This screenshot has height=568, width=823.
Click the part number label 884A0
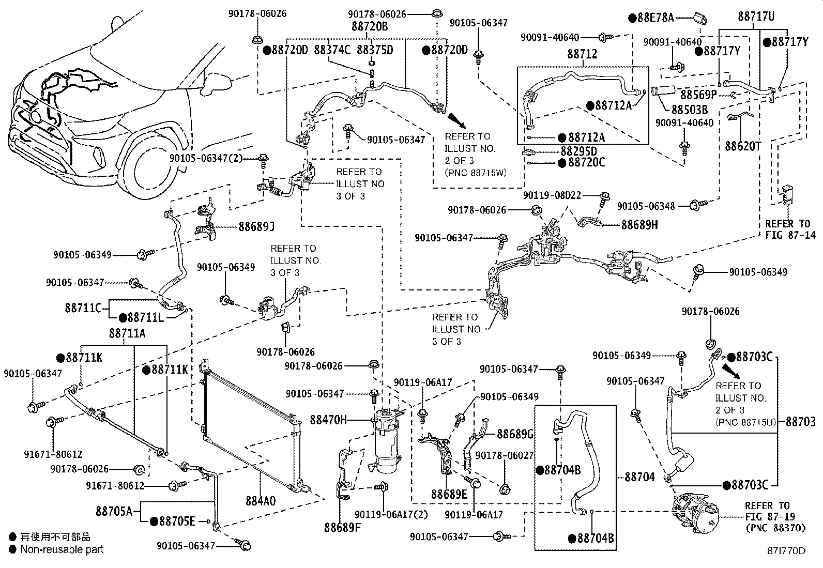(x=261, y=501)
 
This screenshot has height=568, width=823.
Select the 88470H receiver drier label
(x=328, y=420)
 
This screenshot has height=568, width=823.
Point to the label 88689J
(x=256, y=226)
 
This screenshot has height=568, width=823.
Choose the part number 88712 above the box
(x=582, y=53)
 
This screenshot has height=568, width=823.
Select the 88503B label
(x=690, y=110)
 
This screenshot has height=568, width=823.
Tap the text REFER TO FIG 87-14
(x=787, y=230)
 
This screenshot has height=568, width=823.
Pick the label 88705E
(x=173, y=521)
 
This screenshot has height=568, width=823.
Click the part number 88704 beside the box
(x=640, y=477)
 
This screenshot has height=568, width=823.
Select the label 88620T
(x=742, y=146)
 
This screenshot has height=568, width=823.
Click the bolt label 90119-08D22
(x=552, y=195)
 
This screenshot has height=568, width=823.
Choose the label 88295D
(x=578, y=151)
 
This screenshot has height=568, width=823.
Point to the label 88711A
(x=127, y=334)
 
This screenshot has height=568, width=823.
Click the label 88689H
(x=639, y=225)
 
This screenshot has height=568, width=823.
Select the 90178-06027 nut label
(x=497, y=455)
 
